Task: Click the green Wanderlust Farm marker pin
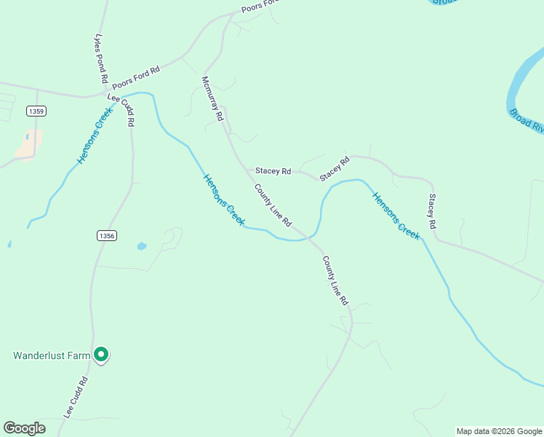click(x=102, y=355)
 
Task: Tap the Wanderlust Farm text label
click(x=51, y=355)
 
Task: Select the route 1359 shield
click(x=36, y=111)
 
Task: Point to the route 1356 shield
click(x=106, y=235)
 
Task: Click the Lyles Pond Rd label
click(x=101, y=58)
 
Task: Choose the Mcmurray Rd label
click(x=212, y=98)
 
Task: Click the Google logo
click(x=24, y=428)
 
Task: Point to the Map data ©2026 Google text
click(x=499, y=431)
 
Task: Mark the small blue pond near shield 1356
click(x=141, y=246)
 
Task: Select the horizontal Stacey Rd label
click(x=273, y=171)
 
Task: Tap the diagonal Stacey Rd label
click(x=335, y=168)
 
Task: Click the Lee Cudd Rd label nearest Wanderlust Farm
click(x=76, y=397)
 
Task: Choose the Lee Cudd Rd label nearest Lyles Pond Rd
click(x=121, y=110)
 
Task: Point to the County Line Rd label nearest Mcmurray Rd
click(x=273, y=205)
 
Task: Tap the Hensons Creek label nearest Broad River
click(x=396, y=216)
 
